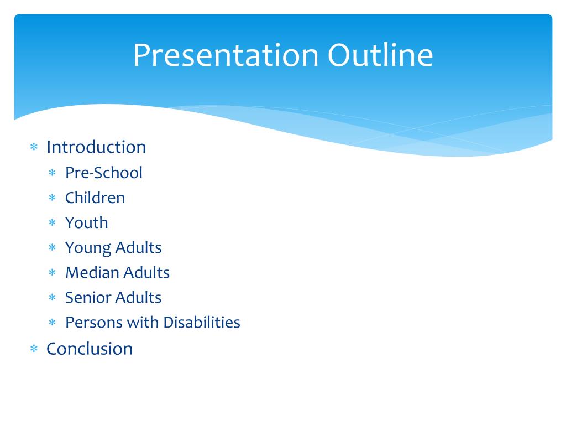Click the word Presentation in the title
[x=226, y=55]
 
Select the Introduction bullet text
[x=96, y=147]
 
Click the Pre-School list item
[x=104, y=173]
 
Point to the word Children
[x=95, y=198]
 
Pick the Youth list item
[x=87, y=222]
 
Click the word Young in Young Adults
[x=88, y=248]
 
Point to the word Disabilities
[x=202, y=322]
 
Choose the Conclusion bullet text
[x=90, y=349]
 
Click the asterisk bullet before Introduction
[x=34, y=147]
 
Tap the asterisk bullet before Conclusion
[x=34, y=349]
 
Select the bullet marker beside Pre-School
[x=53, y=173]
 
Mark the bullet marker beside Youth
[x=53, y=222]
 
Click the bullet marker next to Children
[x=53, y=198]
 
